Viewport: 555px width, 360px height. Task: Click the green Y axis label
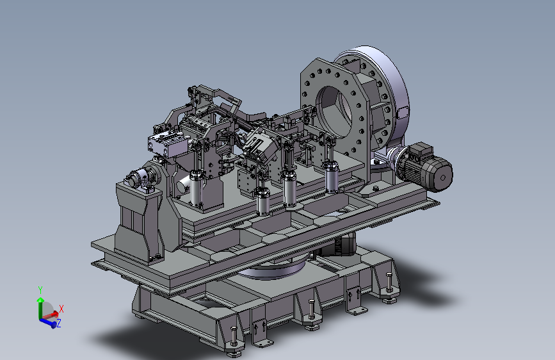40,291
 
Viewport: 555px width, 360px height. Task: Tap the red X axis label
61,309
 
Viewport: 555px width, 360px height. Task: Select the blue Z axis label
59,323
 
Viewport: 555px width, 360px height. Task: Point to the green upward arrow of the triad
40,309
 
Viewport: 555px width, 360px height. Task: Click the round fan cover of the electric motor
442,176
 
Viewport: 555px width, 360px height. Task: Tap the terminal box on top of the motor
421,151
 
